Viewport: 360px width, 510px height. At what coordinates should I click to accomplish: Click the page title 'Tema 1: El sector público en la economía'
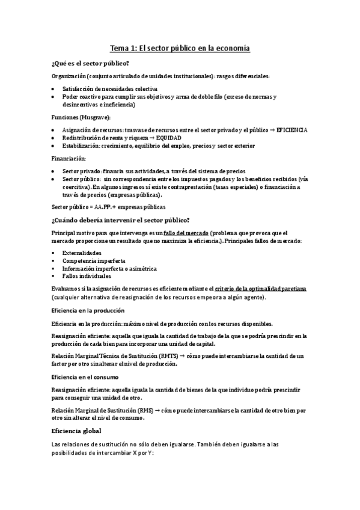click(x=180, y=48)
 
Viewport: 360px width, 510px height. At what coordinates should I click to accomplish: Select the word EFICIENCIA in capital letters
click(x=291, y=130)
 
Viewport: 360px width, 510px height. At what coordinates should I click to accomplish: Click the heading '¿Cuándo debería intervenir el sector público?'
click(x=121, y=220)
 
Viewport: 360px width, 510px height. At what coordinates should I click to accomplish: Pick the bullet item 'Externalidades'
click(x=81, y=253)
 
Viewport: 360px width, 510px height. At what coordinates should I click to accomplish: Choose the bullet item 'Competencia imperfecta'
click(x=93, y=260)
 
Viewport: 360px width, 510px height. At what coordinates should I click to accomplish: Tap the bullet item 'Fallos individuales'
click(x=87, y=276)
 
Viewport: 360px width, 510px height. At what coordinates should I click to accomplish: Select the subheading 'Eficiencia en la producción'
click(x=88, y=310)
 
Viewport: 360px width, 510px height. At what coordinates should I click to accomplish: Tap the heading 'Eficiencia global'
click(x=77, y=431)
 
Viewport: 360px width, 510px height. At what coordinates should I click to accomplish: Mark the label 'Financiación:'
click(x=69, y=158)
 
